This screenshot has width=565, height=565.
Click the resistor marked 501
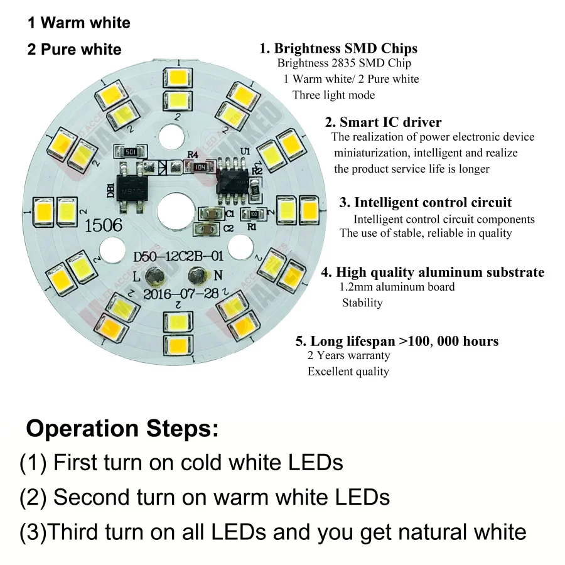[x=129, y=152]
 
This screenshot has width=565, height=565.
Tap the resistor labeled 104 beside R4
[x=199, y=167]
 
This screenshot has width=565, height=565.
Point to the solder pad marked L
[x=154, y=276]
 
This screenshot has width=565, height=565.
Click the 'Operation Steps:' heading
[x=122, y=429]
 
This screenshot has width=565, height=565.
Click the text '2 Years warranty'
[x=348, y=355]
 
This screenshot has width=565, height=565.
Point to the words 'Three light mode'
[x=333, y=95]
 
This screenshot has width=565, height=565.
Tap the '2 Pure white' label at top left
[x=74, y=49]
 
